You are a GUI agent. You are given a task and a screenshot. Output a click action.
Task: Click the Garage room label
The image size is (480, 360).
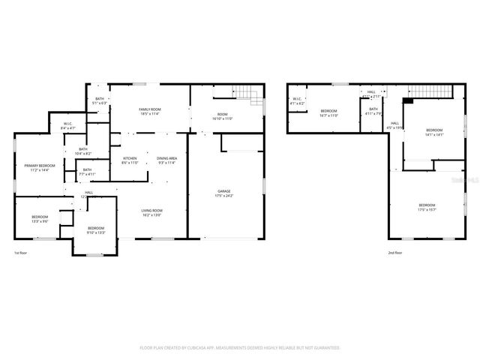[x=225, y=193]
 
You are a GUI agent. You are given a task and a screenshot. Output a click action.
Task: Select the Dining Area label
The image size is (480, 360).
[x=166, y=160]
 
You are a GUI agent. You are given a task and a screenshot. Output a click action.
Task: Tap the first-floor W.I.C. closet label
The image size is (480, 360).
[x=67, y=126]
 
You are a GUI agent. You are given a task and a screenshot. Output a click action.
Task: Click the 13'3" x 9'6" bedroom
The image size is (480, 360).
[x=39, y=219]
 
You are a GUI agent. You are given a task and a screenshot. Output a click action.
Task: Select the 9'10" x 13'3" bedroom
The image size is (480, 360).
[x=95, y=230]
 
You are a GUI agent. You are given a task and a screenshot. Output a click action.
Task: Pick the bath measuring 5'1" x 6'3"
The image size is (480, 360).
[x=99, y=101]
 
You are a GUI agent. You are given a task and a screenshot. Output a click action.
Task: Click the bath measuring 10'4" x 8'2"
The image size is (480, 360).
[x=83, y=151]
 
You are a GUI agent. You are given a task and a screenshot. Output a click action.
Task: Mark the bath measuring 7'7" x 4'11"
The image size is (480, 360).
[x=87, y=172]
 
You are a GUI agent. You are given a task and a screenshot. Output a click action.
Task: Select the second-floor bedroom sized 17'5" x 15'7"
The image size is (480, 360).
[x=427, y=207]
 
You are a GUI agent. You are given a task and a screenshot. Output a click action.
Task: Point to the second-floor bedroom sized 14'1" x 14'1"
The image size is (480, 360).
[x=435, y=133]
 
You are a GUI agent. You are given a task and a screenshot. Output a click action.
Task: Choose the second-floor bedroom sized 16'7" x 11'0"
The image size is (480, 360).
[x=329, y=113]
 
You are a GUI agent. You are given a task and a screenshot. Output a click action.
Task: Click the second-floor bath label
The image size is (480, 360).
[x=373, y=112]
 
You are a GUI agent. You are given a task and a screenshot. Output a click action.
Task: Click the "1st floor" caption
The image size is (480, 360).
[x=22, y=253]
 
